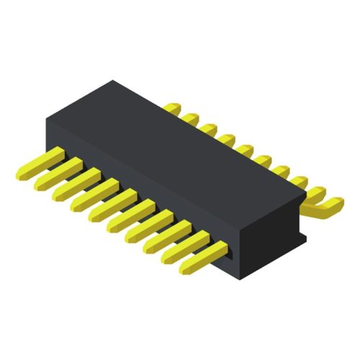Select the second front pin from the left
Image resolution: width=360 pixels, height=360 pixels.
coord(55,176)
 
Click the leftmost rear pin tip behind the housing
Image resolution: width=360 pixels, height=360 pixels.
coord(171,107)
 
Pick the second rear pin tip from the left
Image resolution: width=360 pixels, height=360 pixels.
coord(189,117)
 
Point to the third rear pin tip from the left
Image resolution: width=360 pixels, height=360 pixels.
coord(207,128)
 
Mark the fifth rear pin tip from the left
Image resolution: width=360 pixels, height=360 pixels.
coord(244,150)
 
